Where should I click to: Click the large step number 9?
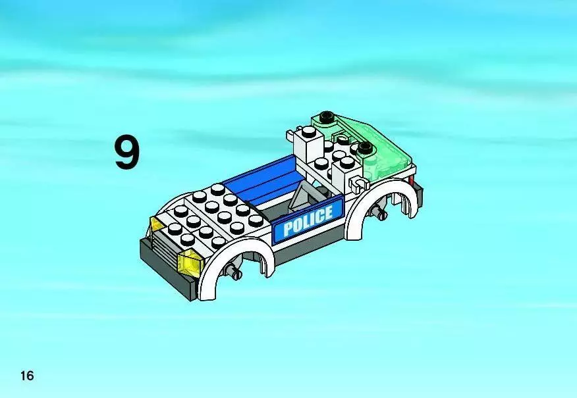(127, 152)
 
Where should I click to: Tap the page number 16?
(27, 376)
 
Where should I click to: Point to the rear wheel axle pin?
(378, 211)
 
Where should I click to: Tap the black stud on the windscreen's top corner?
(326, 116)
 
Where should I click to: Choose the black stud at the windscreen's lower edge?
(365, 148)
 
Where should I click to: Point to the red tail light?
(411, 181)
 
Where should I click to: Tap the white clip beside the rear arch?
(359, 183)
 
